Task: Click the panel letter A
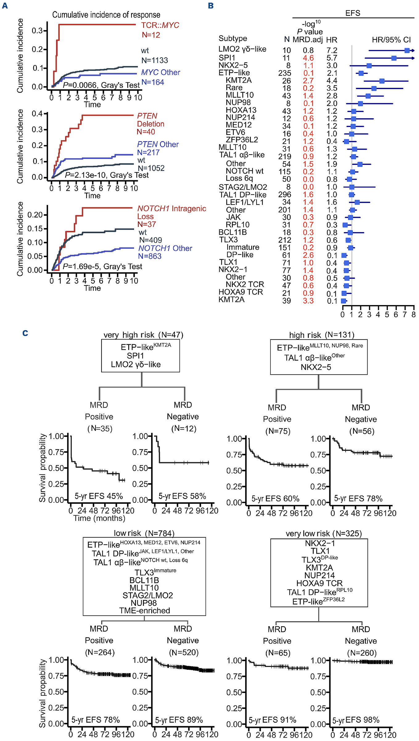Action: point(5,6)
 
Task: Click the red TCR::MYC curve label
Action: point(160,25)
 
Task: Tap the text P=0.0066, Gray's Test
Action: point(101,85)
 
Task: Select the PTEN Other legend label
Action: point(158,144)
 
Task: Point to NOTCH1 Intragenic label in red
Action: point(171,209)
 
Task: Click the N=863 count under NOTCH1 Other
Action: point(150,256)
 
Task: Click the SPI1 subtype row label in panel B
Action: point(227,58)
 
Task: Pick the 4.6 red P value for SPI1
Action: point(308,58)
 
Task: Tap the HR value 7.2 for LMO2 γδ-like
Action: point(332,50)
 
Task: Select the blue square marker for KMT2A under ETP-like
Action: point(382,81)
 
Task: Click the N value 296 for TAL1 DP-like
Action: point(284,195)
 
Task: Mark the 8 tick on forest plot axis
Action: point(413,315)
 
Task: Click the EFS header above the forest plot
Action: point(353,13)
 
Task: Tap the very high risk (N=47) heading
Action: point(143,335)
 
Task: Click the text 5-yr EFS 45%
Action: point(99,496)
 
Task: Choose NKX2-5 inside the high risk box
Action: point(316,367)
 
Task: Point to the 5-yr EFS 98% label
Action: point(355,720)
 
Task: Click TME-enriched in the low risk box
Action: point(145,610)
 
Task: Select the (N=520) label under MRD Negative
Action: point(184,652)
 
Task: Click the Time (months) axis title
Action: point(99,518)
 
